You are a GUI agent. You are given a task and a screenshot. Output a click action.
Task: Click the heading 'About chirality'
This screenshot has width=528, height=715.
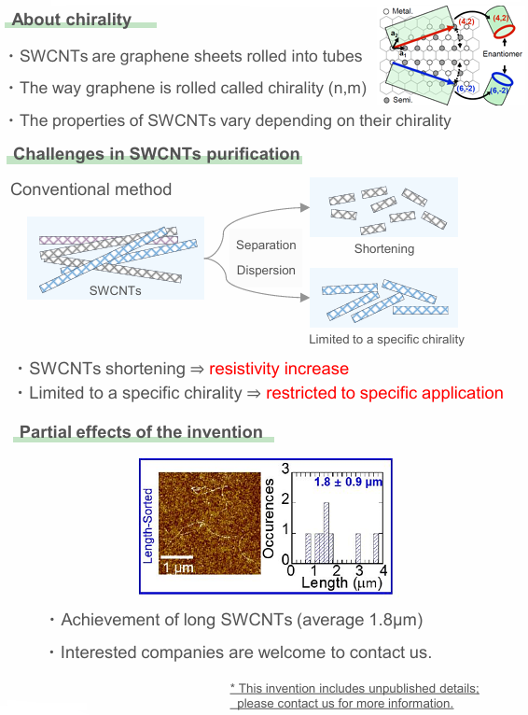[72, 20]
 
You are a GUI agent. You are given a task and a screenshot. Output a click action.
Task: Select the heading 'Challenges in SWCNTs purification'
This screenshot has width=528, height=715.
[157, 154]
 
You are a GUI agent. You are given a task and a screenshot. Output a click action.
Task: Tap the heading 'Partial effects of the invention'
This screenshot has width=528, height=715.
[141, 431]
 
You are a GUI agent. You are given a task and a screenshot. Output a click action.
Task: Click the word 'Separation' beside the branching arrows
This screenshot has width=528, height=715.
[266, 245]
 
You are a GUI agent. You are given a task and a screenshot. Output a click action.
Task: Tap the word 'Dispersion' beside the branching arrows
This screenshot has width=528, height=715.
[266, 271]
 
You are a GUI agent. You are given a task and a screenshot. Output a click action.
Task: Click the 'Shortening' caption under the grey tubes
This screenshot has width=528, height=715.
[384, 249]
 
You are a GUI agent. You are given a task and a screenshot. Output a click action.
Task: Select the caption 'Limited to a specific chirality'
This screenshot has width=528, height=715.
[386, 339]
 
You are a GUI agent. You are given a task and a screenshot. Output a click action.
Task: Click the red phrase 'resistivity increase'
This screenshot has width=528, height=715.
[279, 369]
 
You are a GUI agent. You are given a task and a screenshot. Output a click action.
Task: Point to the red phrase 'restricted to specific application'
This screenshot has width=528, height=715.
[384, 393]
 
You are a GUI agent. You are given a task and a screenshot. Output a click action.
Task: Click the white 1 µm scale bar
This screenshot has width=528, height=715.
[178, 557]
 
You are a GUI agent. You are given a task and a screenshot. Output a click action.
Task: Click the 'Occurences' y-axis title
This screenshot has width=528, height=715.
[270, 519]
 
